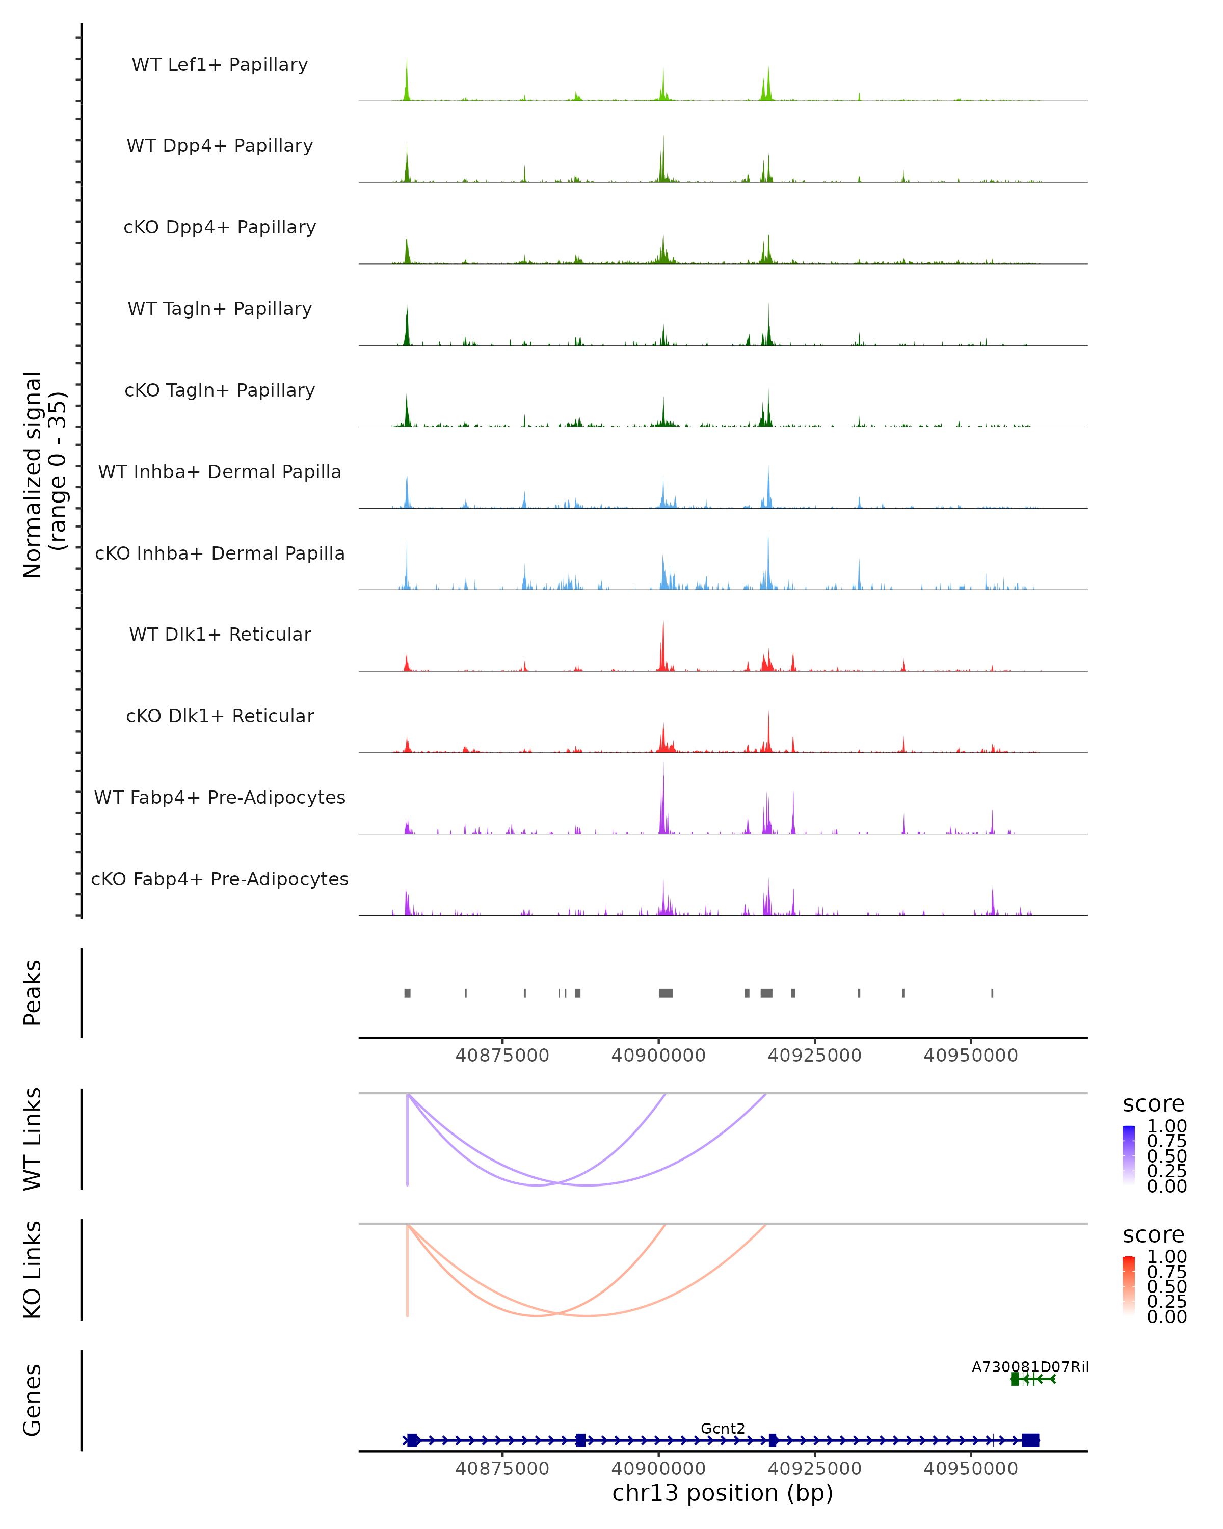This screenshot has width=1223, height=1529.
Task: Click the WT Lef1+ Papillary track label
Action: click(x=220, y=65)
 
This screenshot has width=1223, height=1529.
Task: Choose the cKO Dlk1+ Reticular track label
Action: click(x=220, y=716)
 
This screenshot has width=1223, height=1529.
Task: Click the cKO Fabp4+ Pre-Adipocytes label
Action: click(x=220, y=879)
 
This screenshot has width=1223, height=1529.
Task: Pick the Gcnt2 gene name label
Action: click(x=723, y=1428)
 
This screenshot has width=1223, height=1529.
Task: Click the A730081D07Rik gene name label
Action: click(x=1029, y=1366)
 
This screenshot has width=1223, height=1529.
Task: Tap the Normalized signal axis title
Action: click(x=44, y=474)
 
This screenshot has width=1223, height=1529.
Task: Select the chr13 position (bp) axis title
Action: click(x=723, y=1493)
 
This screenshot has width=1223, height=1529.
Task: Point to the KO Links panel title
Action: click(x=33, y=1270)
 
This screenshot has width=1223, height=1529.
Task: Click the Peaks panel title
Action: click(x=33, y=993)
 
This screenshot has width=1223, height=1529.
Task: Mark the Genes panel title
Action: click(x=33, y=1400)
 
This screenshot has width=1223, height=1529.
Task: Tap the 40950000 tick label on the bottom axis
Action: click(x=971, y=1468)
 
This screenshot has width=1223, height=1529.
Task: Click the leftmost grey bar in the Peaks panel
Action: click(x=408, y=993)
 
